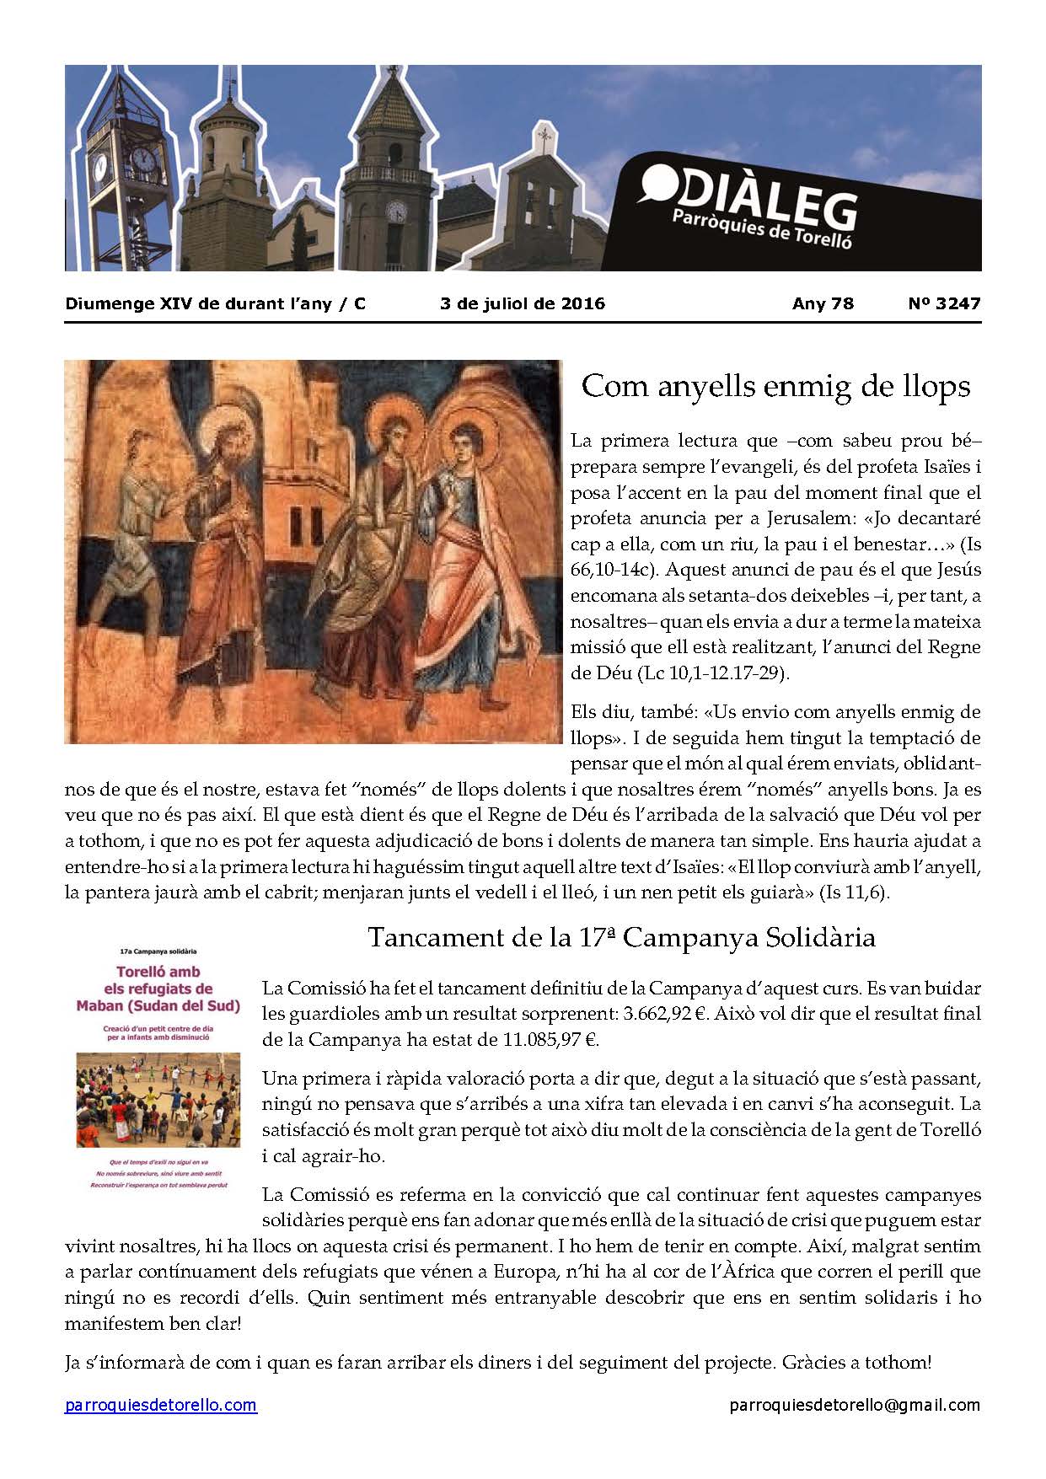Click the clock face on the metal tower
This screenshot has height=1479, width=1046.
(145, 158)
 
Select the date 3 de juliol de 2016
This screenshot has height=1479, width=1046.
(523, 303)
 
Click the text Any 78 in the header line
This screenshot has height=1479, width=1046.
(823, 303)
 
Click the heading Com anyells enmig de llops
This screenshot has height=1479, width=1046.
(775, 387)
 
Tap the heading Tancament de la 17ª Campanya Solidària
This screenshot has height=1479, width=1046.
(622, 937)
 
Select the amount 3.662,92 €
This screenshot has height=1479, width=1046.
(662, 1013)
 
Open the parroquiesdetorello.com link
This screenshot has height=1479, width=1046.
(161, 1405)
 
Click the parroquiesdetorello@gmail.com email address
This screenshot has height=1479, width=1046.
(855, 1405)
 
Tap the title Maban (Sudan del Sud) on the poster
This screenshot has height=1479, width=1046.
(158, 1005)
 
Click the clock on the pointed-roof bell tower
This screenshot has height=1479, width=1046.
(394, 212)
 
